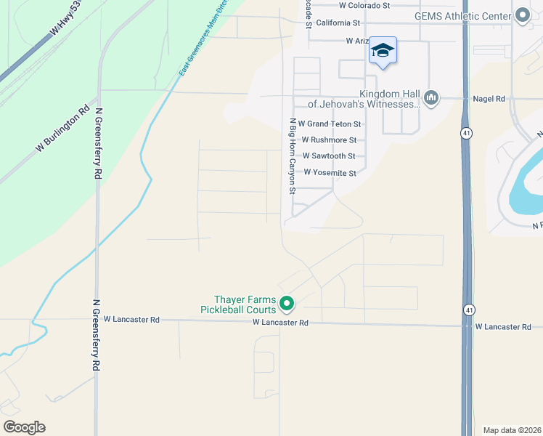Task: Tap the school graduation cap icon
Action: pyautogui.click(x=383, y=50)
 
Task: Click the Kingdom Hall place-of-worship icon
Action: pyautogui.click(x=431, y=97)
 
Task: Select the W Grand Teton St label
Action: pyautogui.click(x=330, y=124)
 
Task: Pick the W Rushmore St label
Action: pyautogui.click(x=329, y=140)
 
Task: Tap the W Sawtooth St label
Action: pyautogui.click(x=329, y=156)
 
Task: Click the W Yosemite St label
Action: pyautogui.click(x=330, y=173)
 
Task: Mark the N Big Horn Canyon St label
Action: pyautogui.click(x=293, y=156)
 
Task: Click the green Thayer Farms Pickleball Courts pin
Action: pyautogui.click(x=287, y=303)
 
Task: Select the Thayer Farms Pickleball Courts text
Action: pyautogui.click(x=240, y=304)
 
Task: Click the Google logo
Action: pyautogui.click(x=24, y=427)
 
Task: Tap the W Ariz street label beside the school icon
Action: pyautogui.click(x=358, y=41)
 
